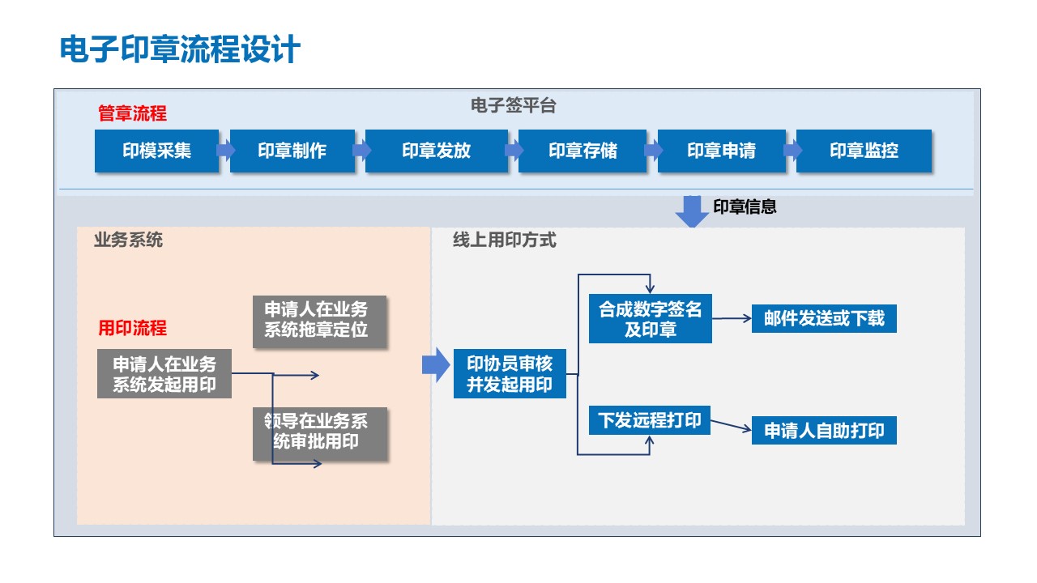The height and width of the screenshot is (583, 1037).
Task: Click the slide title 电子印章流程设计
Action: [x=180, y=49]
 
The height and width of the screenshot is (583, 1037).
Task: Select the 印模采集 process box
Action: [x=156, y=151]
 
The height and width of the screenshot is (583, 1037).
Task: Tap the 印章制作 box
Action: [x=292, y=151]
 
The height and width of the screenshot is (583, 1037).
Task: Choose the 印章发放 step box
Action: [x=436, y=151]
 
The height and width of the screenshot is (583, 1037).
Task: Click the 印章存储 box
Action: [x=583, y=151]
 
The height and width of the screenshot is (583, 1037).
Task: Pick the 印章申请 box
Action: [x=721, y=151]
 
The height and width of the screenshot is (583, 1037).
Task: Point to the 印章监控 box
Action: [x=864, y=151]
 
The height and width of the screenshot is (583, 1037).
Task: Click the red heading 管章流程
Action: [x=132, y=114]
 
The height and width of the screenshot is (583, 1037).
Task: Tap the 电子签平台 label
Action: [x=513, y=106]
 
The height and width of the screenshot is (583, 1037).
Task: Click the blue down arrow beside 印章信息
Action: [x=692, y=211]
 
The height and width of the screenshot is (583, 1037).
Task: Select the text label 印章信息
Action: [x=745, y=207]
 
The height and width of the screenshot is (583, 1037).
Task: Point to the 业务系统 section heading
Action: [x=128, y=240]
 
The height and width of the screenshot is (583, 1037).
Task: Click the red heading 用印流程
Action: [x=132, y=328]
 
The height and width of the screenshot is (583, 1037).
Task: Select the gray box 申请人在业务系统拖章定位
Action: [x=319, y=320]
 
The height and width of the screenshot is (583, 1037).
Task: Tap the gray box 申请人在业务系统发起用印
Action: [x=164, y=374]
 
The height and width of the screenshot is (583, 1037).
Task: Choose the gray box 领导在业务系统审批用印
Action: [x=319, y=432]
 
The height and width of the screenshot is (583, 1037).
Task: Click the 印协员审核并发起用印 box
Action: [x=509, y=374]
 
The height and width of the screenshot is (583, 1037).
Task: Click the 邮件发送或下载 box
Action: [x=823, y=318]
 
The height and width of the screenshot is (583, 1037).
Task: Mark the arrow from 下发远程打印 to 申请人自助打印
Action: [x=731, y=427]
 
